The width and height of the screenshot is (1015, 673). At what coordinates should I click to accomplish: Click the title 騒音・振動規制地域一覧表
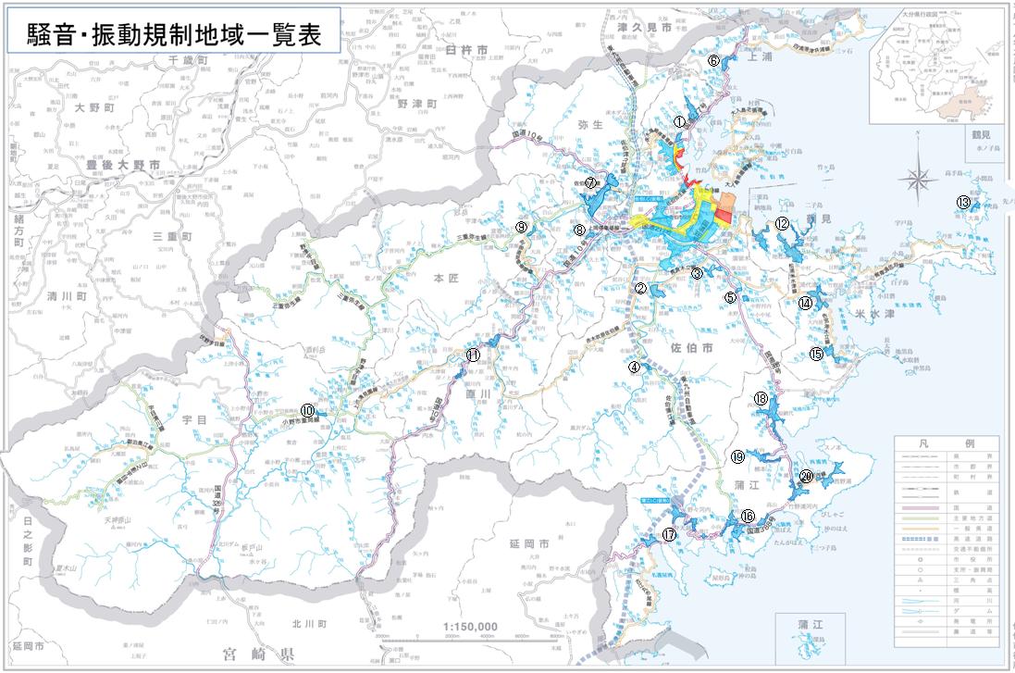173,35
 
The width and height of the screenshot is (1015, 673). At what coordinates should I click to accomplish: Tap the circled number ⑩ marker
307,410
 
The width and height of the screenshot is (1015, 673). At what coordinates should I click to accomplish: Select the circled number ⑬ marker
963,203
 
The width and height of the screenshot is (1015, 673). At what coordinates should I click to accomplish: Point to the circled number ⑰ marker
669,535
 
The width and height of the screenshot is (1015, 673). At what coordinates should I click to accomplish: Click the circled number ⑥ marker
713,59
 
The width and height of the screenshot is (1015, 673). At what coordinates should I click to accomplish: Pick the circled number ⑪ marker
473,355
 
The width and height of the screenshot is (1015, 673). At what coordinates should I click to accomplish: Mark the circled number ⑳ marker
806,476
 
